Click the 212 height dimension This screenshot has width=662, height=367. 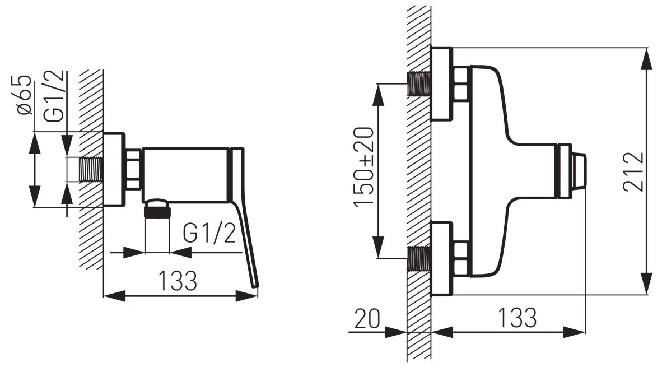[x=634, y=172]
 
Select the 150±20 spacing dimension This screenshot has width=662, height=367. [x=363, y=167]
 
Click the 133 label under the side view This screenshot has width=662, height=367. [x=178, y=280]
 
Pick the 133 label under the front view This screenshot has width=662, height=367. [x=517, y=318]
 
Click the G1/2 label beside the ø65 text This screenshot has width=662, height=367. [x=55, y=95]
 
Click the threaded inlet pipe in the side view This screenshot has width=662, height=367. [x=91, y=170]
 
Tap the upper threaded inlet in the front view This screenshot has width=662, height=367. [x=419, y=83]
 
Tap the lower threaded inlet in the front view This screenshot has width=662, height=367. [x=419, y=258]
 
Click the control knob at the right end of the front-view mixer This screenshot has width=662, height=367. [x=572, y=171]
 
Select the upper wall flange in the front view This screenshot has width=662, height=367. [x=441, y=83]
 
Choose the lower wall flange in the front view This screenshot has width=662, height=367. [x=441, y=258]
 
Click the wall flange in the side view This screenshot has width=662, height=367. [x=114, y=170]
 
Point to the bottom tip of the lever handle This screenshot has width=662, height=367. [x=256, y=286]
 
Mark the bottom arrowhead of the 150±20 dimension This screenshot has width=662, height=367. [x=378, y=248]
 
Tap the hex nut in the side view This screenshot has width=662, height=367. [x=134, y=170]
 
